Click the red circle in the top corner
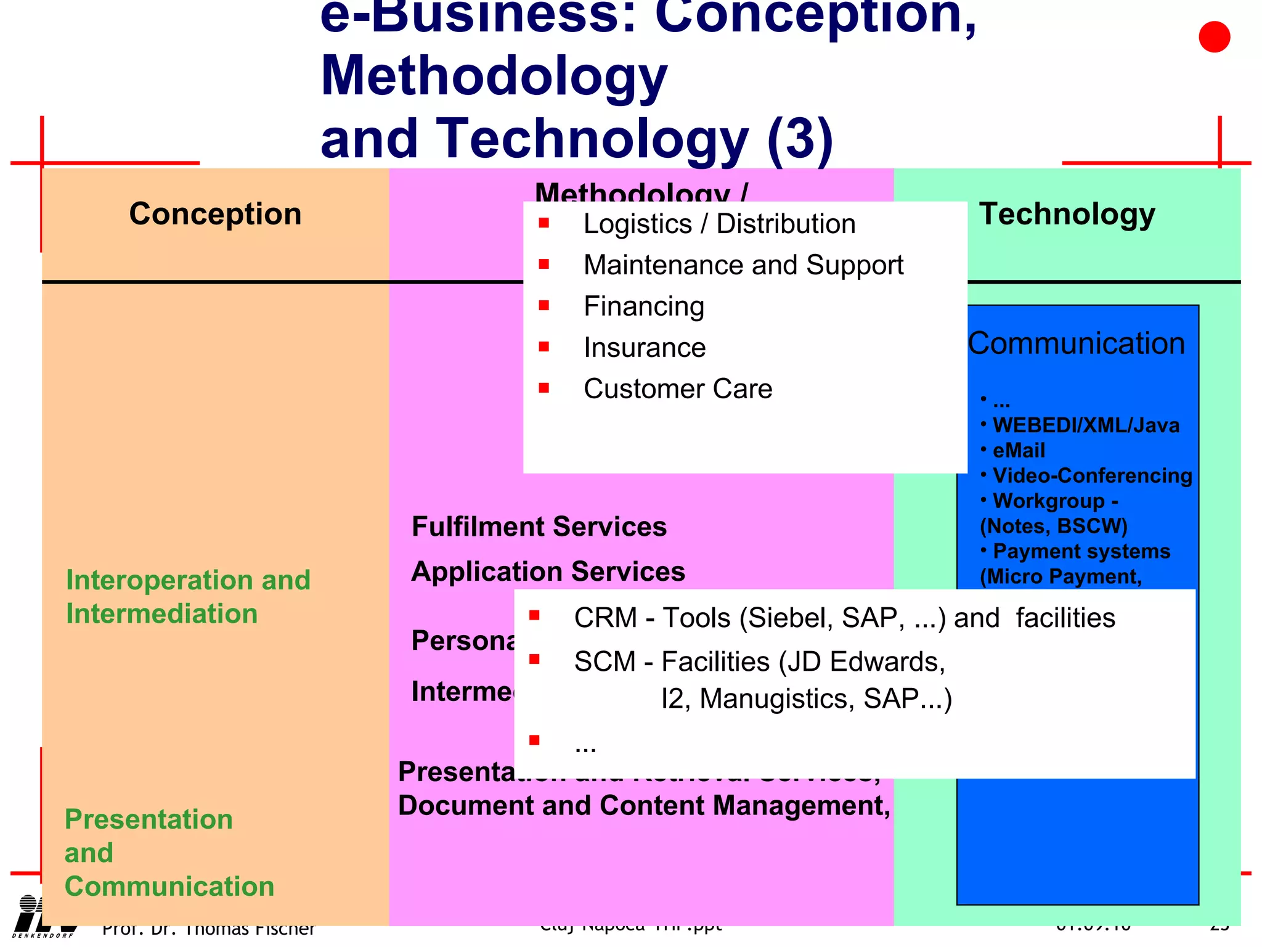1214,37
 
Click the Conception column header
215,214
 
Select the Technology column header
1067,214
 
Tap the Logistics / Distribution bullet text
719,224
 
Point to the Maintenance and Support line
743,265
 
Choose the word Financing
643,306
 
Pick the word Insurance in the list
644,348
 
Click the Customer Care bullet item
677,389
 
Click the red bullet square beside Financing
543,305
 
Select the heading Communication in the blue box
1076,343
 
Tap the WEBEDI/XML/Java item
1085,425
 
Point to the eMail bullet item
1018,451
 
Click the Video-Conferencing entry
1092,476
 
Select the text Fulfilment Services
539,527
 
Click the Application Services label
548,572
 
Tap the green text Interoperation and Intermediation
188,597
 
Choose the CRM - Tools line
844,618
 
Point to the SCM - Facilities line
759,662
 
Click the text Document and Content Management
643,806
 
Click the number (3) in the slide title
800,139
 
